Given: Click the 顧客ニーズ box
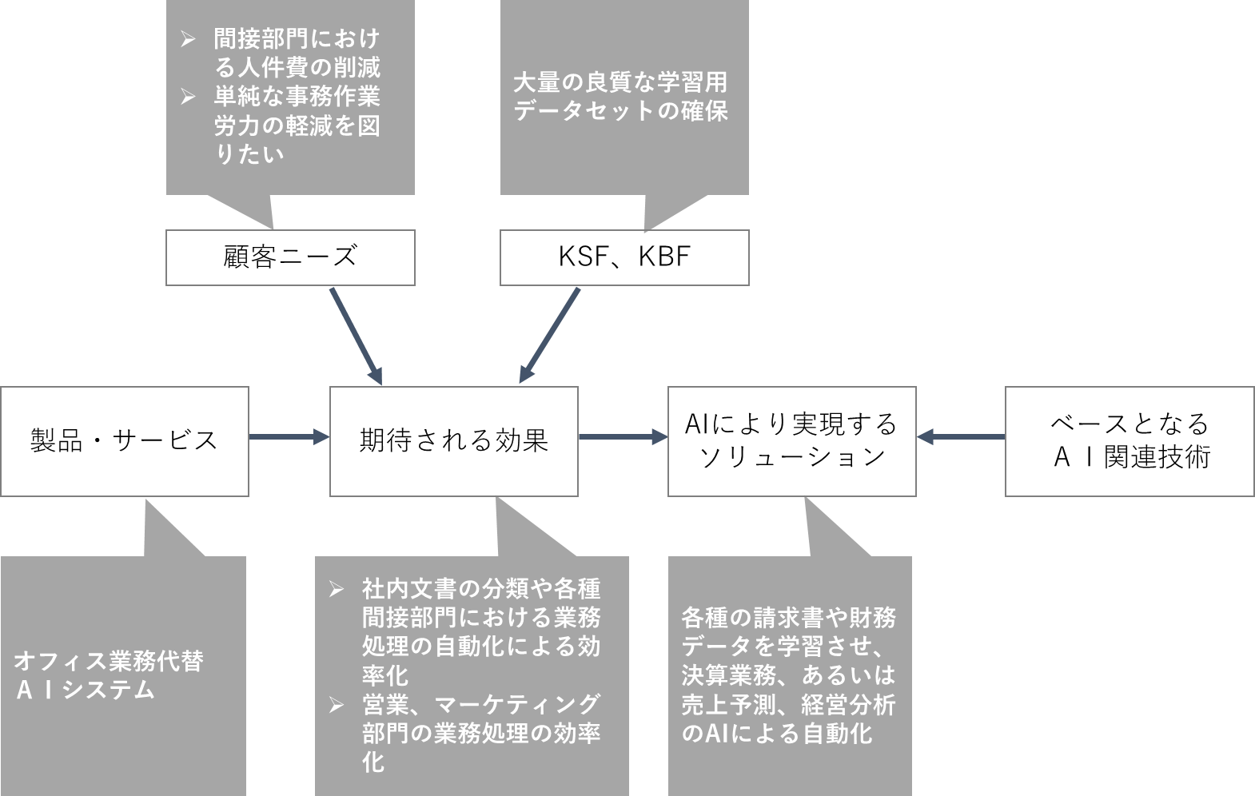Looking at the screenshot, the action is [x=290, y=257].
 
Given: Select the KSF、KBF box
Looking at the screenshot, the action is [x=624, y=257].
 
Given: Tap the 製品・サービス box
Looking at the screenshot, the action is [x=125, y=441].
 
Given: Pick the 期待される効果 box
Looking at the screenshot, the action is [x=454, y=441].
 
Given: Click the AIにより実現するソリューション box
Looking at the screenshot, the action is [x=791, y=441].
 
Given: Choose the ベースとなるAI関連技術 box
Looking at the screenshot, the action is [x=1129, y=441].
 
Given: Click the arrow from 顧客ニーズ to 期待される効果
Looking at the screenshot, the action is [x=357, y=336].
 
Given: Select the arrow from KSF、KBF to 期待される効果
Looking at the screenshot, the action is [x=550, y=336].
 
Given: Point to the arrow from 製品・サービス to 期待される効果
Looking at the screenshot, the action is [x=289, y=436].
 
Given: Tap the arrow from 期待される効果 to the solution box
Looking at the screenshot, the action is [x=623, y=436].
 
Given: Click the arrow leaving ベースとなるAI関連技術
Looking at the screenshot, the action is [x=961, y=436].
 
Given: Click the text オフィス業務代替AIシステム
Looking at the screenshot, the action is [x=109, y=675].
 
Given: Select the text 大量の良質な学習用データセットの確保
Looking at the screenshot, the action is [x=621, y=97].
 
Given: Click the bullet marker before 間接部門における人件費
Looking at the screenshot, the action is [x=189, y=39].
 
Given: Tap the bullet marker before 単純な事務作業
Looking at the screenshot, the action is [x=189, y=97].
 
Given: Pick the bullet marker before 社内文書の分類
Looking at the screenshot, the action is [x=337, y=589].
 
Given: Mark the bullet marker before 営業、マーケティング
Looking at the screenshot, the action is [x=337, y=705].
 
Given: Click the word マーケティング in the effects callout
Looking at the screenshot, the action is [x=518, y=705].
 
